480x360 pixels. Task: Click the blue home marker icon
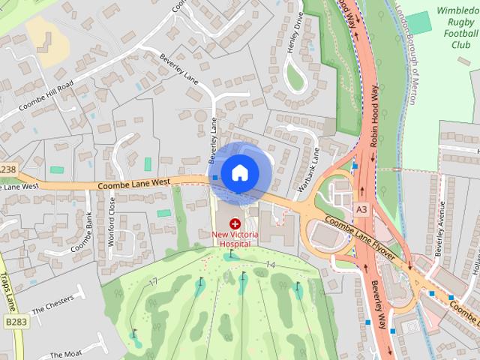click(x=239, y=172)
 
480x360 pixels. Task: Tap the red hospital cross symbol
click(x=235, y=223)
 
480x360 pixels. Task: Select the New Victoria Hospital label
click(x=235, y=238)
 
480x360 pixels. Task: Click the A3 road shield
click(x=362, y=209)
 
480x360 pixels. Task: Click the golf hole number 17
click(x=153, y=282)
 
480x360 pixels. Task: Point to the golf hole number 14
click(x=271, y=266)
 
